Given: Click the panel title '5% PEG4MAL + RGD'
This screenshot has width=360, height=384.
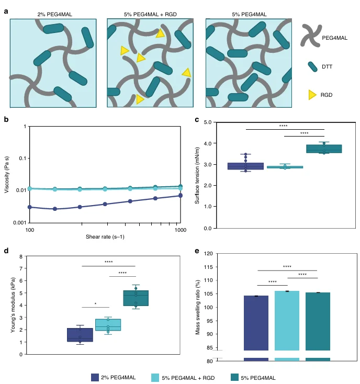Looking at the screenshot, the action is (150, 15).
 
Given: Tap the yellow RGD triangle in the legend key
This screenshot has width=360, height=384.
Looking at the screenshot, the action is (312, 95).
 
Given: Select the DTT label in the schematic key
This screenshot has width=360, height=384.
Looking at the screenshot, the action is (327, 67).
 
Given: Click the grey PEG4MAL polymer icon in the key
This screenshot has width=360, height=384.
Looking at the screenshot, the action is (311, 36).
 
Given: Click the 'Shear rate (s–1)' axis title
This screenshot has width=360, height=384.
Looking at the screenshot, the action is (105, 237).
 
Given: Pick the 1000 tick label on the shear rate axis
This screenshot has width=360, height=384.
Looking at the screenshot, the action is (180, 230).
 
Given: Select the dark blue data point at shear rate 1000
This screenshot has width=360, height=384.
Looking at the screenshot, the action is (181, 196).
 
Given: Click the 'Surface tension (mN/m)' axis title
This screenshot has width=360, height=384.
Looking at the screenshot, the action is (197, 175).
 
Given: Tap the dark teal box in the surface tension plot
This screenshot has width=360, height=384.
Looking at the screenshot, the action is (324, 149).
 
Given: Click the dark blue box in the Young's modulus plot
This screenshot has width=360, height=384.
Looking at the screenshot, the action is (80, 335).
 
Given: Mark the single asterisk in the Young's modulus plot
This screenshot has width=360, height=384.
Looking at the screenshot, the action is (96, 304).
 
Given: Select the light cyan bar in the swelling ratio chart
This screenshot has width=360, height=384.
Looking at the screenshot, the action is (287, 321).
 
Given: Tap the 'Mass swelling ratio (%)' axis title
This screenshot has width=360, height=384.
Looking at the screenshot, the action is (197, 307).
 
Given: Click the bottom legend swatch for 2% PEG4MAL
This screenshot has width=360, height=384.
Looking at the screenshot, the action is (95, 377).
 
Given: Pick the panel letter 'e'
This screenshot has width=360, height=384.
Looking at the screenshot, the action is (197, 251).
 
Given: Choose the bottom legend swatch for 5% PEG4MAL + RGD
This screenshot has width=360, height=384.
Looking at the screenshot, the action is (155, 378).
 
